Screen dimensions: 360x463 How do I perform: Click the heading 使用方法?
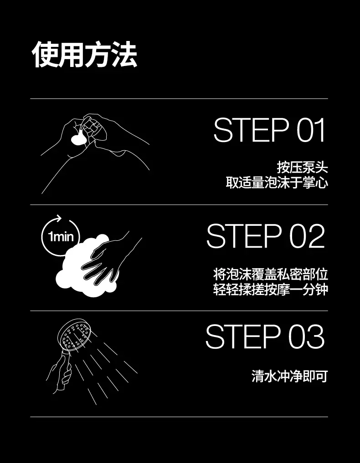[x=84, y=55]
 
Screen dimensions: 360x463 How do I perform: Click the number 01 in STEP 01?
[x=310, y=130]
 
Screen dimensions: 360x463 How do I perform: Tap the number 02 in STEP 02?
[x=307, y=236]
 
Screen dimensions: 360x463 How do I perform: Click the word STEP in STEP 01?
[x=251, y=130]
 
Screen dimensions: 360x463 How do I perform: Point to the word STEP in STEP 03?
[x=243, y=336]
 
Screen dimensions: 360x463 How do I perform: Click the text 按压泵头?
[x=303, y=167]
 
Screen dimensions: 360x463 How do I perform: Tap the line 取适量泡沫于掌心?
[x=277, y=183]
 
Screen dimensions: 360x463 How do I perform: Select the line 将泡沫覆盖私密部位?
[x=270, y=274]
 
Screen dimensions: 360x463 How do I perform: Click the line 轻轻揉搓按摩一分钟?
[x=270, y=290]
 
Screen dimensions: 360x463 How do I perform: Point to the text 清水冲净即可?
[x=290, y=377]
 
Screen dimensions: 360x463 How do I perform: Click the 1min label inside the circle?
[x=61, y=237]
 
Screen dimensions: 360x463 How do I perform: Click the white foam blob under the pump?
[x=79, y=139]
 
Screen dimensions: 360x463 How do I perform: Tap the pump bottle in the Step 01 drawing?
[x=93, y=129]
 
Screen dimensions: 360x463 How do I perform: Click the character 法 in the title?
[x=124, y=55]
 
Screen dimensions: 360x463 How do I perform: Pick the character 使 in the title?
[x=45, y=55]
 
